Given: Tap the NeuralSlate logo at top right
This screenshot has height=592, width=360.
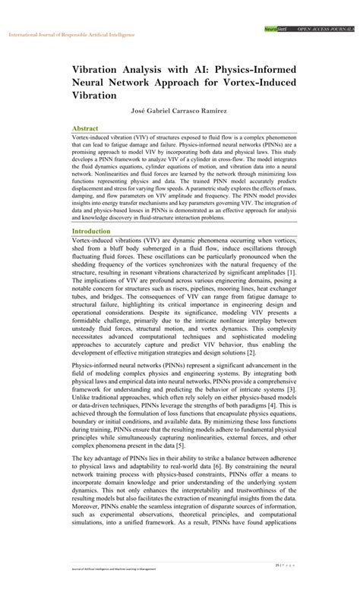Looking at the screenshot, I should click(274, 28).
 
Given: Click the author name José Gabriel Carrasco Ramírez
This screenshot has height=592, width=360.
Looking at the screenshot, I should click(179, 110).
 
